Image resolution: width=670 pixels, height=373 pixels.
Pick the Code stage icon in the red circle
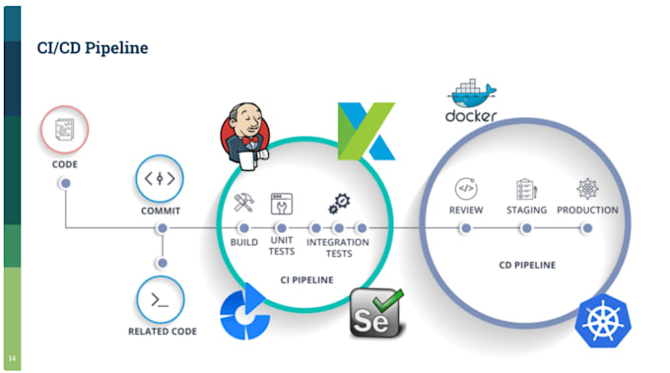[65, 131]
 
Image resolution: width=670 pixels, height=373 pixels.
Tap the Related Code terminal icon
[161, 297]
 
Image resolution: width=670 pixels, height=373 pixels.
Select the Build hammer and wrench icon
[244, 205]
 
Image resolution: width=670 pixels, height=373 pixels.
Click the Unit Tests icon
[282, 205]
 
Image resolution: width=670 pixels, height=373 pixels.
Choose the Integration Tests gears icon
[338, 204]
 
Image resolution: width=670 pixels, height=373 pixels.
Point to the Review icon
[465, 188]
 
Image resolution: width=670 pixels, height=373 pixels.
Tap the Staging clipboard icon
[525, 188]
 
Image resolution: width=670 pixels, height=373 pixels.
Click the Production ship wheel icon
[587, 188]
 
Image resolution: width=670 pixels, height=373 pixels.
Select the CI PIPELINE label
[305, 280]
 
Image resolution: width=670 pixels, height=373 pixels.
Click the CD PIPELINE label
[525, 265]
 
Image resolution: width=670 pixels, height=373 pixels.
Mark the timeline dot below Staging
[525, 228]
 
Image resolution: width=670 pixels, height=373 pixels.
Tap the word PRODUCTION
[587, 210]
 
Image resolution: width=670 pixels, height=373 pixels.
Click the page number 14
[12, 357]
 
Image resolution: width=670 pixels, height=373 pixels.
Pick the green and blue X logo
[366, 130]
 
